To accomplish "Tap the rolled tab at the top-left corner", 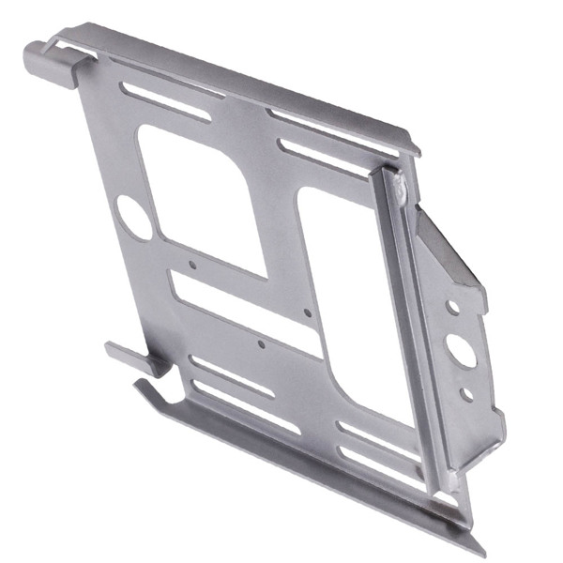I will click(42, 61).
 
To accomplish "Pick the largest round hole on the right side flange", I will click(462, 350).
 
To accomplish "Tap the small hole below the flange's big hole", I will click(466, 394).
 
